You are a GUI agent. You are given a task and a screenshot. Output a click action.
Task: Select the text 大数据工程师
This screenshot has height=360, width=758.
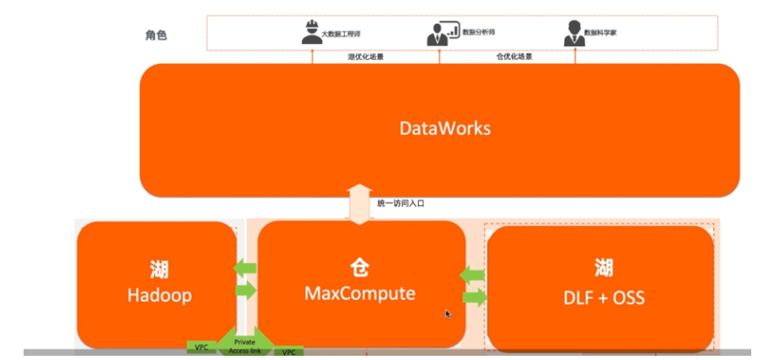pos(341,34)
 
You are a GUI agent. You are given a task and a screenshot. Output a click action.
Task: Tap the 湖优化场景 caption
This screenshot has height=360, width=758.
pos(366,56)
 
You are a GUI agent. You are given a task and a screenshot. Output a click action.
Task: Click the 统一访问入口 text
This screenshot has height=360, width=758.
pos(401,203)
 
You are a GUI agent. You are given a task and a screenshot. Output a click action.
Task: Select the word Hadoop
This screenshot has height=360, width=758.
pos(157,296)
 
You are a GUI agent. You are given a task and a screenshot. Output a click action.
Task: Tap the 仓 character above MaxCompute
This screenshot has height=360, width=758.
pos(361,269)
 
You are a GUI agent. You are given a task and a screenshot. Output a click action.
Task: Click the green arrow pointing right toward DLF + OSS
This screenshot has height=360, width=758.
pos(475,297)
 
